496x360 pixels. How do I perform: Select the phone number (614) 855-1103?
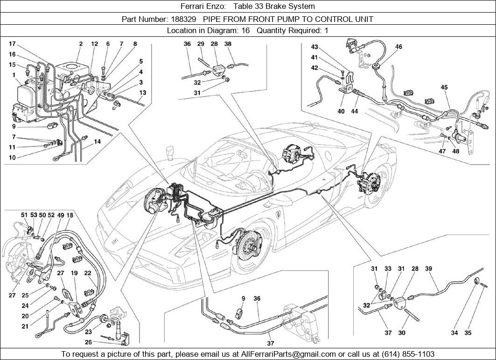[407, 354]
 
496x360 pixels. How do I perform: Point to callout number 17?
[13, 44]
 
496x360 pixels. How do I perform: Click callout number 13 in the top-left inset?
[143, 93]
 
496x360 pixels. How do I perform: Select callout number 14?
[97, 141]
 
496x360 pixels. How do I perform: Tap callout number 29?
[201, 44]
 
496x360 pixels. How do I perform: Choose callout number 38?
[228, 44]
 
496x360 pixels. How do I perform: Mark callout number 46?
[398, 47]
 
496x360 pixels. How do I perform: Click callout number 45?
[444, 87]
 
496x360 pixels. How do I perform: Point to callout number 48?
[455, 151]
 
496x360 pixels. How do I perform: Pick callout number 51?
[24, 215]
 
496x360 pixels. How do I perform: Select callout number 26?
[88, 342]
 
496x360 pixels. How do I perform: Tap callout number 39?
[428, 269]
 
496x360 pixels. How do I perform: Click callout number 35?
[468, 333]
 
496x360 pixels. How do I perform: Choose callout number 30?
[402, 333]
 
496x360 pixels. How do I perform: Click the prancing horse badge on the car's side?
[279, 215]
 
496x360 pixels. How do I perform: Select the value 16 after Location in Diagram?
[245, 31]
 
